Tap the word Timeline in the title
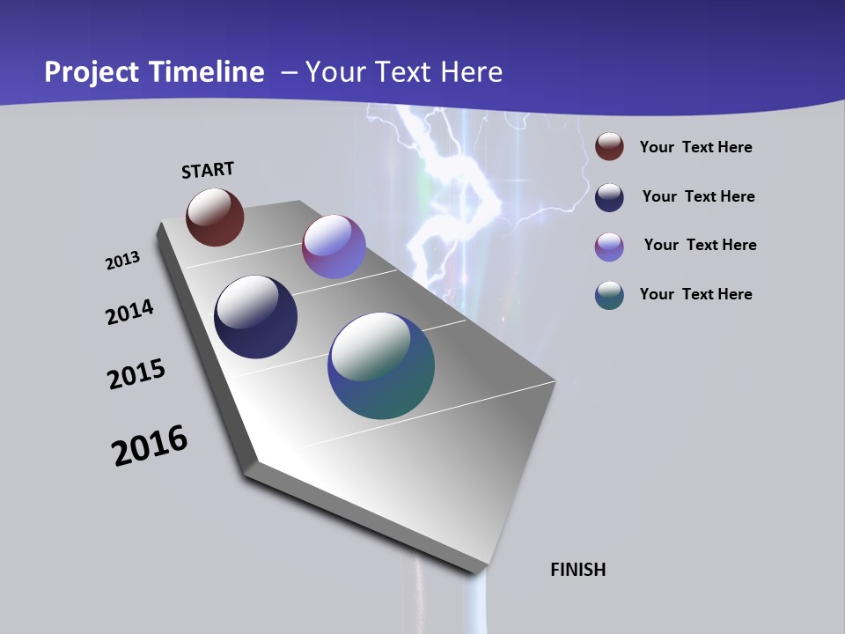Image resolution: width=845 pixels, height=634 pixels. click(x=207, y=72)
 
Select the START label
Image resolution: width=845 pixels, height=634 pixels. click(x=208, y=170)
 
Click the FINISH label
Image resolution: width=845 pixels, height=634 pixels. click(x=578, y=570)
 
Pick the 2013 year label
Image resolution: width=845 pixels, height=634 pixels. click(x=122, y=261)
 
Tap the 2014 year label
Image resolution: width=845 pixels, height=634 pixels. click(x=129, y=312)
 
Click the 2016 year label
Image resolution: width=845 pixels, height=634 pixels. click(x=150, y=446)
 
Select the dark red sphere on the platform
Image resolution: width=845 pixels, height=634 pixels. click(x=215, y=217)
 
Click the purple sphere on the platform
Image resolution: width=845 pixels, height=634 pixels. click(x=334, y=247)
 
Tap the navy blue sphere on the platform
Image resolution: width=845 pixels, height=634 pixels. click(x=256, y=317)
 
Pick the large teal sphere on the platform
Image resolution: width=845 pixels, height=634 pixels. click(x=381, y=365)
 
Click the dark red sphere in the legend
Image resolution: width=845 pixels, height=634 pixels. click(x=609, y=146)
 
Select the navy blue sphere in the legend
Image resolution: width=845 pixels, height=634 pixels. click(x=609, y=197)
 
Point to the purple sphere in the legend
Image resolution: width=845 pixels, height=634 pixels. click(x=609, y=247)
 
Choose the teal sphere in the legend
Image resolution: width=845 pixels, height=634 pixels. click(x=609, y=295)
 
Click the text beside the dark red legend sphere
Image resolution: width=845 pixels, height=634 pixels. click(x=695, y=147)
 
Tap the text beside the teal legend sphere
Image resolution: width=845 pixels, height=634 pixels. click(x=695, y=294)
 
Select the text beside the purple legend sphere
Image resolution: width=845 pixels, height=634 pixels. click(x=700, y=245)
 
